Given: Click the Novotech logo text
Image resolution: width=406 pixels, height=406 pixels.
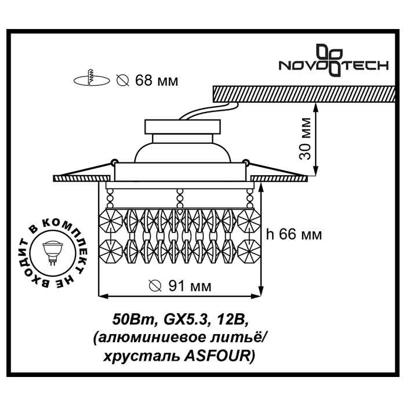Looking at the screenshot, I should [334, 66].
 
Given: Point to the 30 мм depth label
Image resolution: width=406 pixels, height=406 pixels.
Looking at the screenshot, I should [309, 139].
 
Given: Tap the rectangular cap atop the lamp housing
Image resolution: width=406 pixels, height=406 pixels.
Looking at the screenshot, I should [182, 126].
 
